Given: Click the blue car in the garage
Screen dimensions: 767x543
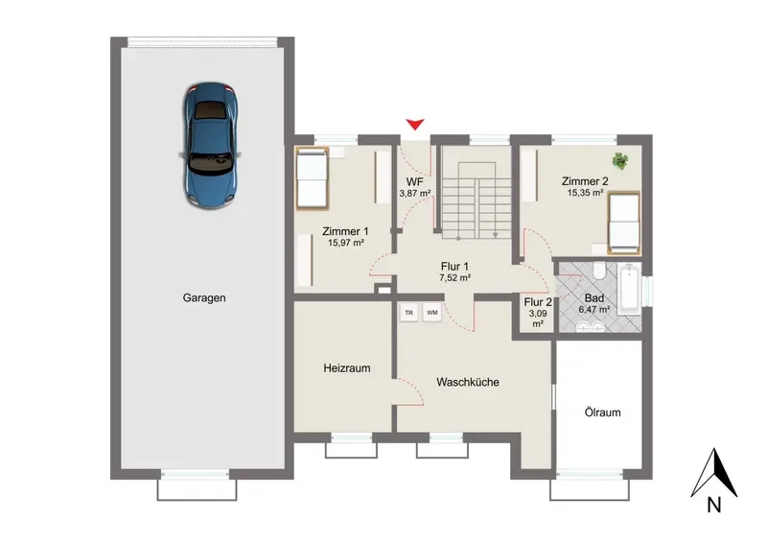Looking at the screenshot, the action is click(210, 145).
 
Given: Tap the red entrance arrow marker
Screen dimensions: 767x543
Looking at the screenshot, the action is click(415, 125).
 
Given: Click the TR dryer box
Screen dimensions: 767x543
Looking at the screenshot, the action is click(409, 313).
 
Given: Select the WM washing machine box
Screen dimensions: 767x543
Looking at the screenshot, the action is click(432, 313).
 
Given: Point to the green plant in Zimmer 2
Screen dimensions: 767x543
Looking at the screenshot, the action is click(620, 160).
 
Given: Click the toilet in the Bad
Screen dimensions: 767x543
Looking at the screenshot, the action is click(598, 271).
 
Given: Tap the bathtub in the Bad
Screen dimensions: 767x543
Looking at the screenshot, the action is click(629, 289).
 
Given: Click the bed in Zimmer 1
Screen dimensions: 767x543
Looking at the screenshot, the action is click(312, 179).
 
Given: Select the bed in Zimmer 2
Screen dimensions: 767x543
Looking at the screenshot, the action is click(624, 223).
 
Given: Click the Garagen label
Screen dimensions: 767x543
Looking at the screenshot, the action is click(204, 297).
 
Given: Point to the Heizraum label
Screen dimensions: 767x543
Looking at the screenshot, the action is click(347, 368).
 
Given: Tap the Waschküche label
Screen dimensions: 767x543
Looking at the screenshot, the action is click(468, 382).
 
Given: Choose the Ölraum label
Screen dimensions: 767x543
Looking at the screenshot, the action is click(603, 413).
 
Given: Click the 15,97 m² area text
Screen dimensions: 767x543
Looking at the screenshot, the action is click(346, 243).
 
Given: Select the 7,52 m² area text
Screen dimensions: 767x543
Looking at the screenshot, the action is click(454, 277).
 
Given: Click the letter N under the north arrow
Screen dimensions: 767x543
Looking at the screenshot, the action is click(714, 505).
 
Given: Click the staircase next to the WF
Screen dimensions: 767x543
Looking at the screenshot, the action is click(476, 201).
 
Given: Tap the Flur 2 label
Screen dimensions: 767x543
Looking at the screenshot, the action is click(538, 302).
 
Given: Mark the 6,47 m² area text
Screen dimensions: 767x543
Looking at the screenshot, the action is click(593, 310).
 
